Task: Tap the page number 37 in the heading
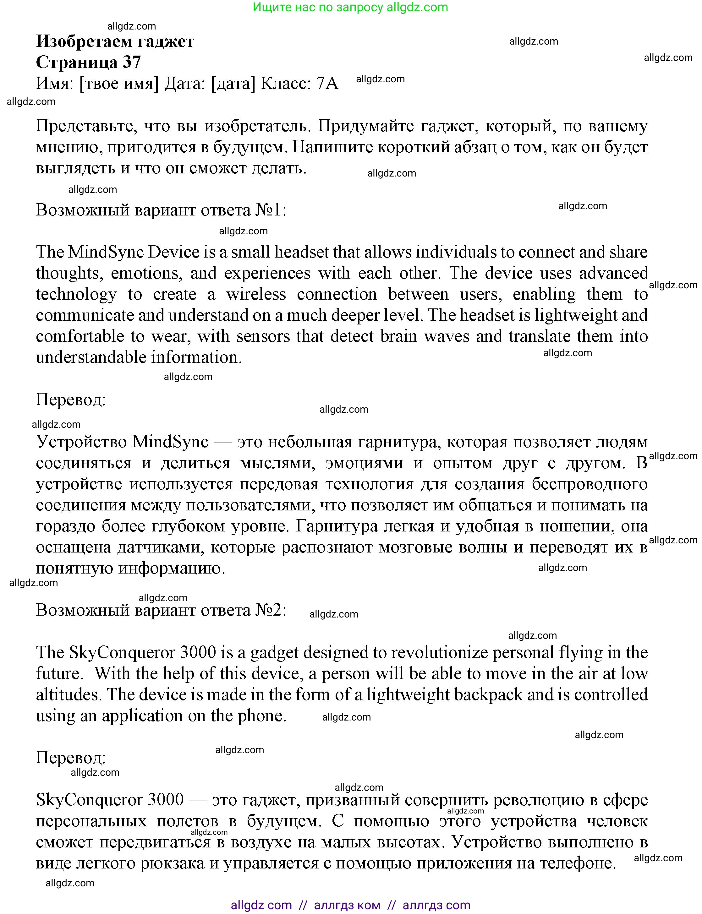pyautogui.click(x=132, y=62)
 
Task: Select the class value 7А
pyautogui.click(x=327, y=84)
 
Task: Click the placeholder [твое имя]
pyautogui.click(x=119, y=84)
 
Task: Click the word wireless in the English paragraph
pyautogui.click(x=256, y=294)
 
